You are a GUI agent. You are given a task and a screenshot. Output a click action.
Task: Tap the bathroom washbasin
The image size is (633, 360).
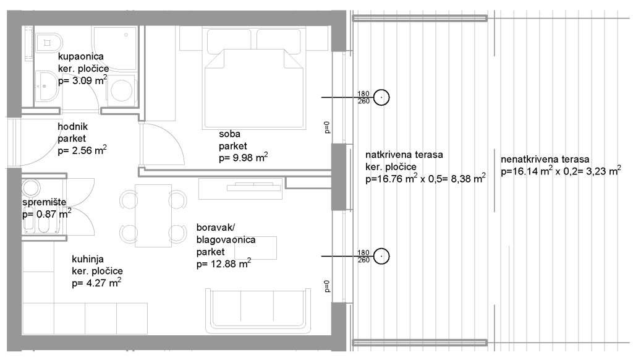(x=47, y=85)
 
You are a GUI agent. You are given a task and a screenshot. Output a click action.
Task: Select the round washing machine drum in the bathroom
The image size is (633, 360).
(x=121, y=90)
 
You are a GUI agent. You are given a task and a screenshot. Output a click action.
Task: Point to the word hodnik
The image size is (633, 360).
(x=73, y=126)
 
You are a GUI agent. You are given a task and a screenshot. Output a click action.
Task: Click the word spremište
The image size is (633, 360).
(x=44, y=202)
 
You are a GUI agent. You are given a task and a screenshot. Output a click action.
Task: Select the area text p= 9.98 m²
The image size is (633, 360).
(x=244, y=157)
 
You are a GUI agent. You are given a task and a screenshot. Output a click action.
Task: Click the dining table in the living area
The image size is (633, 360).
(x=153, y=215)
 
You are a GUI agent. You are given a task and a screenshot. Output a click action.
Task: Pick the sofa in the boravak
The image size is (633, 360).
(x=258, y=309)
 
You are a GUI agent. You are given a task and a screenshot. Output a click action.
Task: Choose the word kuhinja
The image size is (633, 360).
(x=88, y=259)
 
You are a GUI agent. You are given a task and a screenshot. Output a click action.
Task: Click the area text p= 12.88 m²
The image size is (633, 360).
(x=224, y=264)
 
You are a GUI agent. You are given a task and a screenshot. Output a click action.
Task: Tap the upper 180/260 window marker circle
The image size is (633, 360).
(x=381, y=97)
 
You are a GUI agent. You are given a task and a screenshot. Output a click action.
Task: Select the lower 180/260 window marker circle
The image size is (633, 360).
(x=381, y=256)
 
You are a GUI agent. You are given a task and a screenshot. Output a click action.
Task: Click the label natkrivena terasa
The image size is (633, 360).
(x=404, y=155)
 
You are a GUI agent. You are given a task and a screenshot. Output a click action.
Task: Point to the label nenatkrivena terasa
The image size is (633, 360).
(x=545, y=159)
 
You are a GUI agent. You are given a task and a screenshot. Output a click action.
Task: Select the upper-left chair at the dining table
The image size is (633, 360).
(x=129, y=200)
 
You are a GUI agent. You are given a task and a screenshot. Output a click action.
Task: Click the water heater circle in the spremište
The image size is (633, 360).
(x=31, y=188)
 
